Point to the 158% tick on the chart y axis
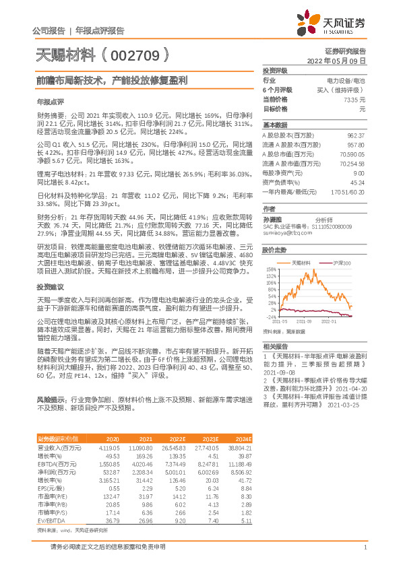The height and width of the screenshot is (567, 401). [271, 267]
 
